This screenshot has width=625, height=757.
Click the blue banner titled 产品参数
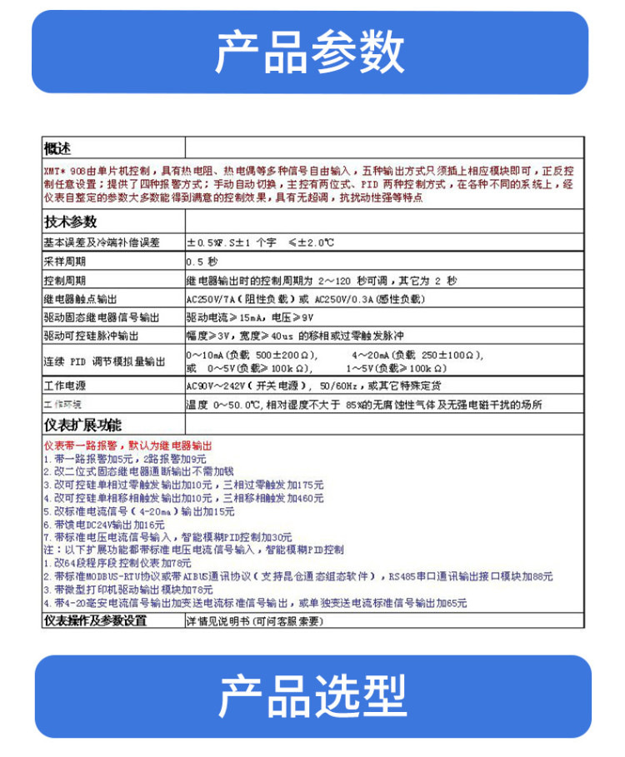point(312,52)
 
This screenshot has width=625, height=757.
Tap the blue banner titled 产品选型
point(312,696)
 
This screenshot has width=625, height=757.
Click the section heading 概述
point(58,148)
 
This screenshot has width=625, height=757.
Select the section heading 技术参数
point(70,222)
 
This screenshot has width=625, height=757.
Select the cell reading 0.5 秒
point(202,261)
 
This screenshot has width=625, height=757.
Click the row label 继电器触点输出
point(80,298)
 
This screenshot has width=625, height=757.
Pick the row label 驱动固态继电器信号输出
point(100,317)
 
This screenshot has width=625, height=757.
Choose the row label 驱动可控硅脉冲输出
point(91,336)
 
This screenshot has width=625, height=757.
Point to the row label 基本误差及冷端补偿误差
point(101,242)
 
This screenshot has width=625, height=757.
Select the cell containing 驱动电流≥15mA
point(250,317)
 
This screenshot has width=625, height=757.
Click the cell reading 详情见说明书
point(253,621)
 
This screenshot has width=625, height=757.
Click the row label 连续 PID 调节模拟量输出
point(104,361)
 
